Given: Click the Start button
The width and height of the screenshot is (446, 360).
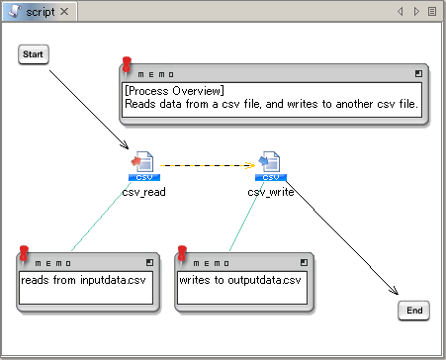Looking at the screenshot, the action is click(34, 54).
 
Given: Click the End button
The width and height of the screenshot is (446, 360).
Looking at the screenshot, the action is click(414, 311).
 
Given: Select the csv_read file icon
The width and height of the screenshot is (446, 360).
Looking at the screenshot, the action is click(144, 166).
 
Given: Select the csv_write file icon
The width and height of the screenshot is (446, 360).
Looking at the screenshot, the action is click(271, 166).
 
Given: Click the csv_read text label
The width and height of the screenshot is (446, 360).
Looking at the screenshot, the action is click(143, 192).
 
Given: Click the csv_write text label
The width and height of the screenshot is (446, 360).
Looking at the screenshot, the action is click(271, 192).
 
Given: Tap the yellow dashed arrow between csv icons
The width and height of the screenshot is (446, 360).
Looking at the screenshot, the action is click(208, 165).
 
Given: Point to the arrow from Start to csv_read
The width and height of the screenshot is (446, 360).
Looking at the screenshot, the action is click(89, 110).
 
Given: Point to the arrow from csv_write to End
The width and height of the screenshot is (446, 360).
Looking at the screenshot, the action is click(342, 237).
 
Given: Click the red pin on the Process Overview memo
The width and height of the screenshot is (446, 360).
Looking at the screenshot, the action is click(127, 64).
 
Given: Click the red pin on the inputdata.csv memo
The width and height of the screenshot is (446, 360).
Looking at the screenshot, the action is click(24, 253).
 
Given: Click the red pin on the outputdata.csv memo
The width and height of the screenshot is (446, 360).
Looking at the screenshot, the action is click(182, 253).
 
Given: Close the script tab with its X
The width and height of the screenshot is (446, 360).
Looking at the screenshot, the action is click(64, 12).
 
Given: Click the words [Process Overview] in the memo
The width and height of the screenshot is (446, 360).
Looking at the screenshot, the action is click(174, 91).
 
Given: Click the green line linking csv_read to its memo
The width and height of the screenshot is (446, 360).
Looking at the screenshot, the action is click(100, 218).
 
